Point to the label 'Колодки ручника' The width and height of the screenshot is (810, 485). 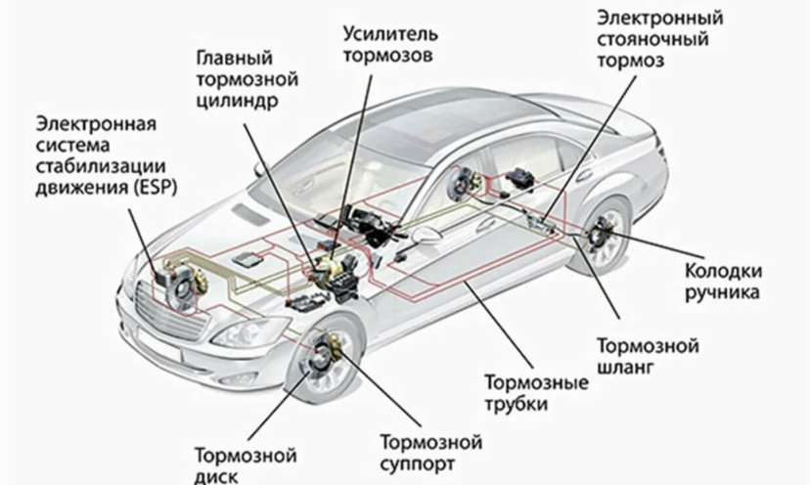(x=724, y=280)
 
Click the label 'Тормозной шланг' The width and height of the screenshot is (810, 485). (x=646, y=356)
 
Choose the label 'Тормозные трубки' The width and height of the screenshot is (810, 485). (x=535, y=392)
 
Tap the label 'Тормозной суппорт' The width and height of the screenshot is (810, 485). (x=431, y=451)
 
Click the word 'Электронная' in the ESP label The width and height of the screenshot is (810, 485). (x=96, y=124)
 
